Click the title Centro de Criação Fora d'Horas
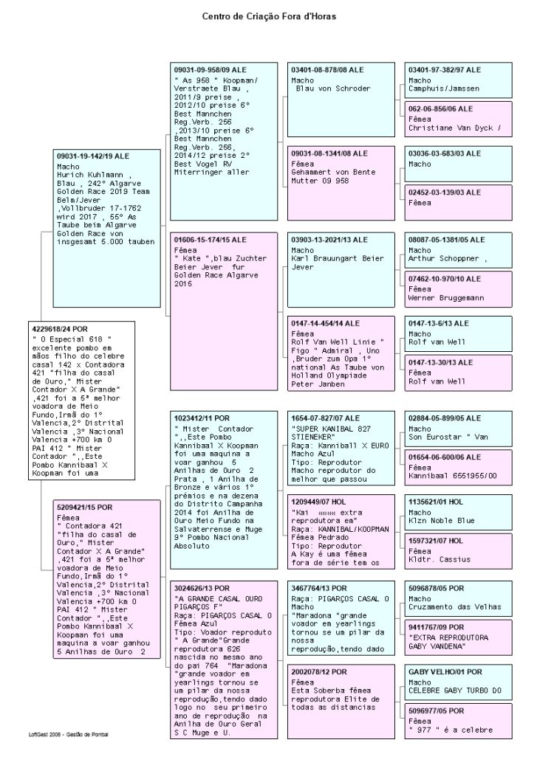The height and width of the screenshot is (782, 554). [274, 15]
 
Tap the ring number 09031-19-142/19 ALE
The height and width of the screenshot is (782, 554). [92, 156]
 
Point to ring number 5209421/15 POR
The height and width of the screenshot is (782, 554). [85, 487]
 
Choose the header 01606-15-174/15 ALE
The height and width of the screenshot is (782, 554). [210, 240]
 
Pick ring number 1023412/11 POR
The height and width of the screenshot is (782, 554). [202, 418]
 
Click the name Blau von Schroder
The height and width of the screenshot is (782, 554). [332, 89]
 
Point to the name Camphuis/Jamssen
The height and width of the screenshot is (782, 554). [444, 89]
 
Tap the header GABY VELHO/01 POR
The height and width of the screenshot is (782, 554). [445, 672]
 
